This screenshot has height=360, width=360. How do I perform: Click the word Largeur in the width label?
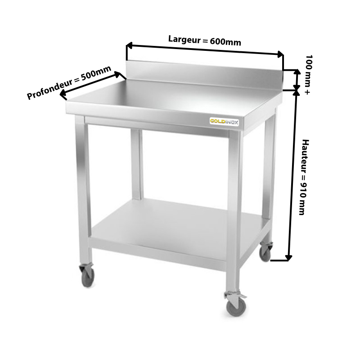click(184, 39)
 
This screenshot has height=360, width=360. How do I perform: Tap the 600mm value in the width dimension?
click(225, 42)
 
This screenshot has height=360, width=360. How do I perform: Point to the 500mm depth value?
click(96, 72)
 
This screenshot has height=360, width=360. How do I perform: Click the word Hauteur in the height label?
click(306, 156)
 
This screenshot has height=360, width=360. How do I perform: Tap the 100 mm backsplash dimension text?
click(309, 69)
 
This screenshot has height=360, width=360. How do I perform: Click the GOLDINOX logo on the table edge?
click(224, 121)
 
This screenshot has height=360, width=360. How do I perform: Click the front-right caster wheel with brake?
click(235, 304)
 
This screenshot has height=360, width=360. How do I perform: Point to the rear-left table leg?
click(137, 164)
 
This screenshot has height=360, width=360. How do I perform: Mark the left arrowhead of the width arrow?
click(129, 45)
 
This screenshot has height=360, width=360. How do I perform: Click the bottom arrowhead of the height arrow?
click(288, 257)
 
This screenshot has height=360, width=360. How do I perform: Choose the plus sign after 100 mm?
click(307, 92)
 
